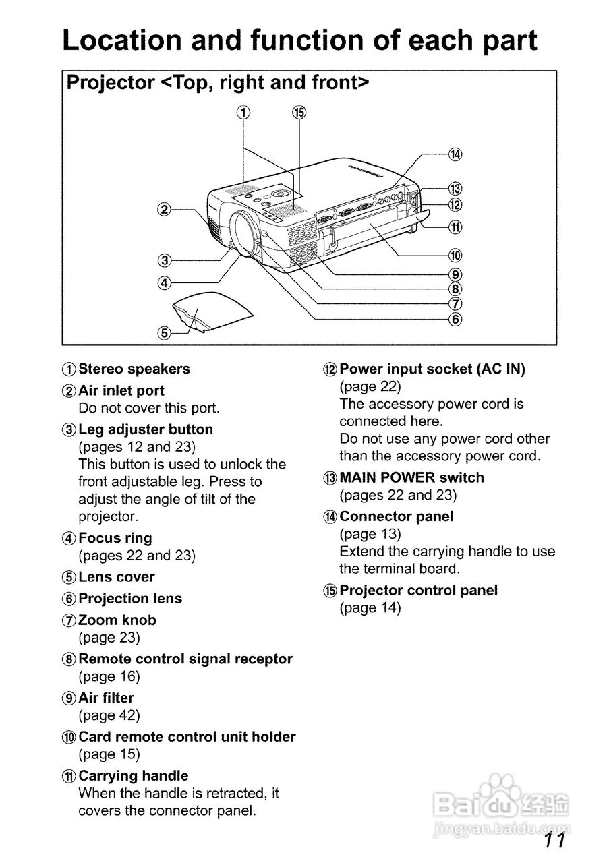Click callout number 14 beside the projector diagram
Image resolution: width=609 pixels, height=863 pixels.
tap(455, 154)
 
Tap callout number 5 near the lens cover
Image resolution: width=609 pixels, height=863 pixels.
tap(164, 332)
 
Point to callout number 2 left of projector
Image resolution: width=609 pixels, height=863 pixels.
tap(164, 209)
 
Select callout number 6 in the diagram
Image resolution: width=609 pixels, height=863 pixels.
tap(455, 319)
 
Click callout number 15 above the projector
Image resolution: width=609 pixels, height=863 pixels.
tap(299, 113)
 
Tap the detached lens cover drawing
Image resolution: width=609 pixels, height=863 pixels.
tap(210, 311)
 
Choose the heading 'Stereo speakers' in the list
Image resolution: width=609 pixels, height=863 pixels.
tap(134, 369)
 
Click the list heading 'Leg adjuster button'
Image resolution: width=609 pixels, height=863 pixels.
tap(146, 429)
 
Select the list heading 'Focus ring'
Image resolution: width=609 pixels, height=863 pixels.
tap(115, 538)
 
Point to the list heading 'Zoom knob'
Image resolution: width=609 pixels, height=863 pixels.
tap(117, 620)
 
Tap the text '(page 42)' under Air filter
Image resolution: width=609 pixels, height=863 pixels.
tap(109, 715)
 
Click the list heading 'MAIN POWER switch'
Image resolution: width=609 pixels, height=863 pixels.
tap(411, 477)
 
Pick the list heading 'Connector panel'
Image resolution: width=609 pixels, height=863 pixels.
tap(397, 516)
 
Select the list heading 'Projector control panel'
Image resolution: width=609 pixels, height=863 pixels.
tap(418, 590)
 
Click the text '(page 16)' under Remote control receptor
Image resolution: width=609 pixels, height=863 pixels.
tap(109, 676)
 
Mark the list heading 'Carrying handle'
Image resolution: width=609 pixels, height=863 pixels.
tap(134, 776)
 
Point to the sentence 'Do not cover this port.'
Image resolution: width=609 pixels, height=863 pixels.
tap(149, 408)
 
